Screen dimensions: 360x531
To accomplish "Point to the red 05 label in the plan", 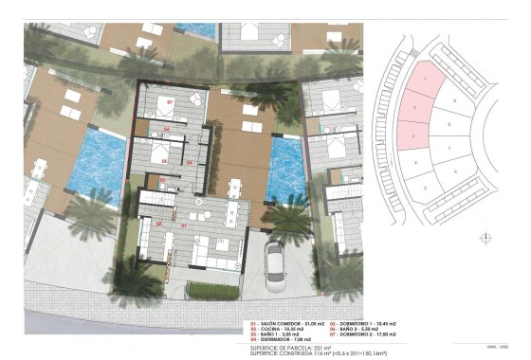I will [164, 160].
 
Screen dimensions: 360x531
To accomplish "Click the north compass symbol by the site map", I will [486, 238].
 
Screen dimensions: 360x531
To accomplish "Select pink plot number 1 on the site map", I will [427, 78].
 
